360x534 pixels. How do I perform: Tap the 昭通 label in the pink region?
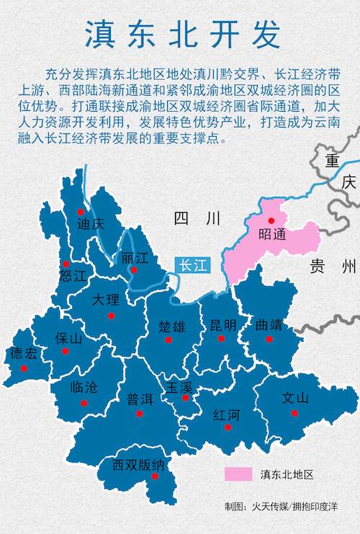pos(272,234)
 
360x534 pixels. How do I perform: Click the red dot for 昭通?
pos(271,221)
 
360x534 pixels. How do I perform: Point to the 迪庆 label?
pos(91,223)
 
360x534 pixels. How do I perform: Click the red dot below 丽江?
pos(133,270)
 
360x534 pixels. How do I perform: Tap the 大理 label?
pos(106,300)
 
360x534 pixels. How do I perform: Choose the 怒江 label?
pos(73,275)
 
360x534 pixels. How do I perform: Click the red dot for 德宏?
pos(24,368)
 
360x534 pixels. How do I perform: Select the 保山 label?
pos(69,339)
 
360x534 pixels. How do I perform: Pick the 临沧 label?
pos(84,388)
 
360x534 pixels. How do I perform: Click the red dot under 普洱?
pos(140,414)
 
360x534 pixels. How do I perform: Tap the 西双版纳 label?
pos(139,465)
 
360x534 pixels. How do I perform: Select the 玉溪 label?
pos(179,386)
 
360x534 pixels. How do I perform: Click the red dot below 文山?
pos(294,413)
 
